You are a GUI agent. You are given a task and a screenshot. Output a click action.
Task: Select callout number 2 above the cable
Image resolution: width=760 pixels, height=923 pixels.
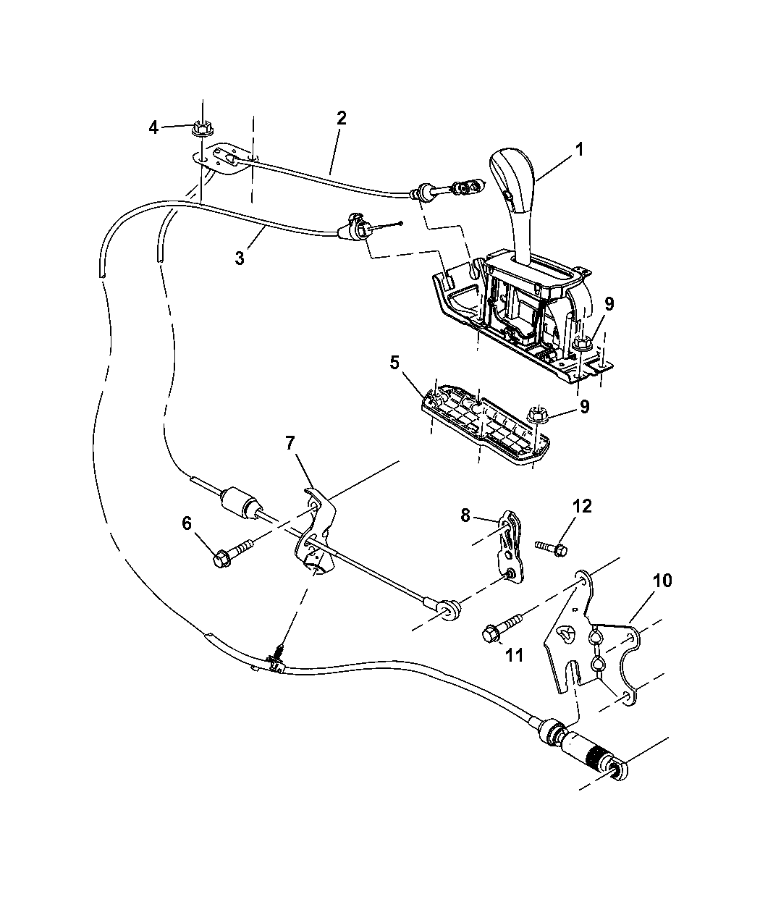pyautogui.click(x=341, y=118)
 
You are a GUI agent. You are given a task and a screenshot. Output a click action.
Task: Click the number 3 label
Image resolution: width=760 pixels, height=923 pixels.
pyautogui.click(x=240, y=258)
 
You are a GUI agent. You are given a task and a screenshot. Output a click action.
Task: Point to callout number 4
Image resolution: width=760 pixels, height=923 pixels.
pyautogui.click(x=153, y=127)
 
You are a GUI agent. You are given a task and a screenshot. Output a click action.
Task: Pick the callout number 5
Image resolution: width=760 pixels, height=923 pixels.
pyautogui.click(x=394, y=362)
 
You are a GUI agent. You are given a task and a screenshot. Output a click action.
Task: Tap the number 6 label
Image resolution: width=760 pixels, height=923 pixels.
pyautogui.click(x=187, y=523)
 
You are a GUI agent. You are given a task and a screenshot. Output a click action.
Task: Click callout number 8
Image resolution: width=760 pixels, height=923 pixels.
pyautogui.click(x=465, y=515)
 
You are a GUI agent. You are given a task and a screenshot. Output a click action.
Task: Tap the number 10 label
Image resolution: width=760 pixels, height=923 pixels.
pyautogui.click(x=662, y=580)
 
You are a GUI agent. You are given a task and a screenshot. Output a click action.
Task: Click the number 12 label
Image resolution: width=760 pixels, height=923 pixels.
pyautogui.click(x=582, y=506)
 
